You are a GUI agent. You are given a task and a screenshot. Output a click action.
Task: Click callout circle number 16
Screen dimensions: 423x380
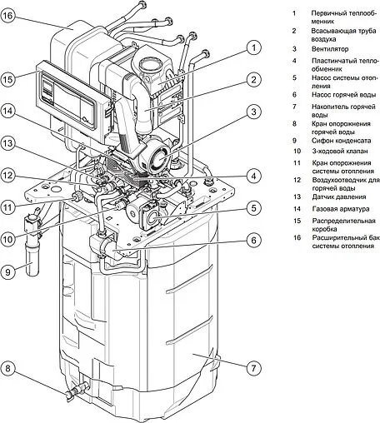click(14, 16)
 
